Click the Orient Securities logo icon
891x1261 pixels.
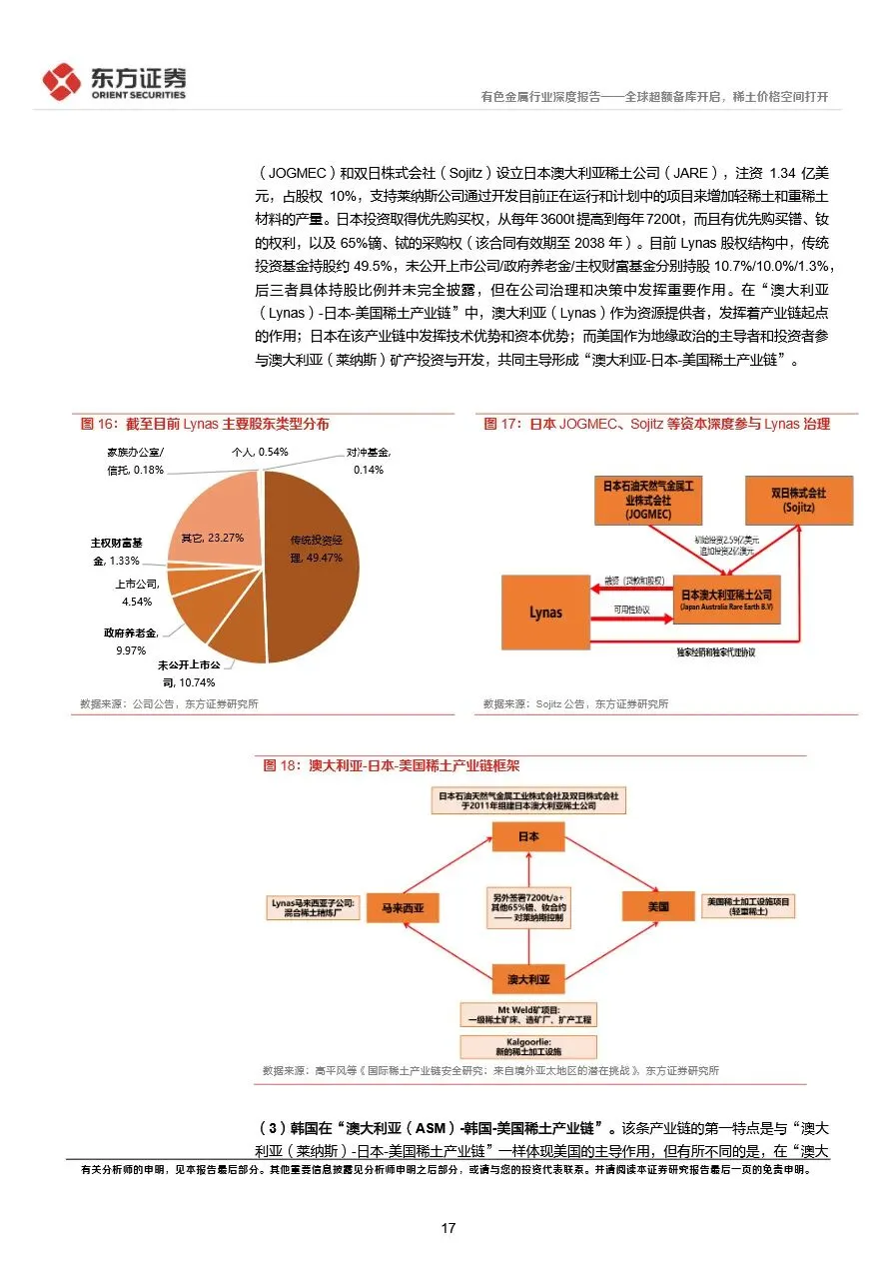coord(62,82)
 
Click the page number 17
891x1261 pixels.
coord(448,1227)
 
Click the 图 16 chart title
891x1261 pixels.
coord(205,424)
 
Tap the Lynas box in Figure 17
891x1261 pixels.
coord(544,613)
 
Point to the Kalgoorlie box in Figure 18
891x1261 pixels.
coord(527,1046)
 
